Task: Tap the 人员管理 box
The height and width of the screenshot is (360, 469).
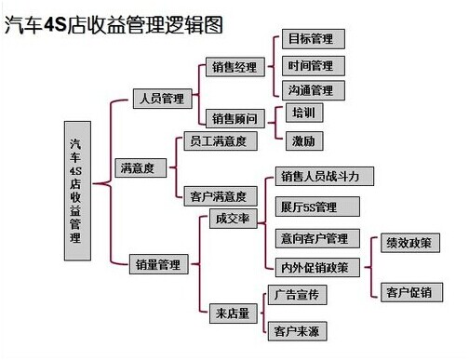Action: point(161,98)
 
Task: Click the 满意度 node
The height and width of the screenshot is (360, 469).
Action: point(137,168)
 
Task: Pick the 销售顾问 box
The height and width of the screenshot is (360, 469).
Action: point(234,118)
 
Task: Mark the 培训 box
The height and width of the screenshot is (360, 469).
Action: point(303,113)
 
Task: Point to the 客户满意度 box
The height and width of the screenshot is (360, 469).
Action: point(215,196)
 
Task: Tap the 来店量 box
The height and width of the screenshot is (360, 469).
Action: point(231,313)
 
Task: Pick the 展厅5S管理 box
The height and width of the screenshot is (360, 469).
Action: point(308,207)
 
